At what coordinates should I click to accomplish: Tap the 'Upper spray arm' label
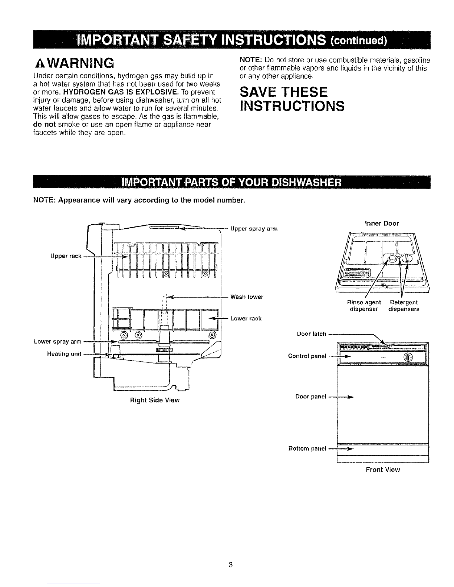point(254,229)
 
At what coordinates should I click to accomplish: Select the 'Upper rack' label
point(66,256)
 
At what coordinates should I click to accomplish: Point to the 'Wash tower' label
point(247,296)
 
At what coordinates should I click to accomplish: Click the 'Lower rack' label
point(246,318)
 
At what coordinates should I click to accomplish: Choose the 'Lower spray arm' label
point(57,341)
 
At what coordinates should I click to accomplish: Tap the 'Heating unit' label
point(64,354)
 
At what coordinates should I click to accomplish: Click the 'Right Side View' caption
point(155,400)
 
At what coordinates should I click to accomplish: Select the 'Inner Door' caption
point(382,223)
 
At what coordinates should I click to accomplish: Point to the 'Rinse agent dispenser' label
point(364,305)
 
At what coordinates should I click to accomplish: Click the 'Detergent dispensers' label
point(404,305)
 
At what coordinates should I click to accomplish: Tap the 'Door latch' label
point(312,334)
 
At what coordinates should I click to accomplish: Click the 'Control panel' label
point(307,356)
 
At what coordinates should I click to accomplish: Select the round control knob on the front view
point(408,357)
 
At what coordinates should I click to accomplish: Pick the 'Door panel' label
point(311,396)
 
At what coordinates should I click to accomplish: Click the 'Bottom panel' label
point(307,448)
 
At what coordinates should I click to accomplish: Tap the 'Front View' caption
point(383,470)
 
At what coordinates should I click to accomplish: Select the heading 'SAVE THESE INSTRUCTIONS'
point(292,99)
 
